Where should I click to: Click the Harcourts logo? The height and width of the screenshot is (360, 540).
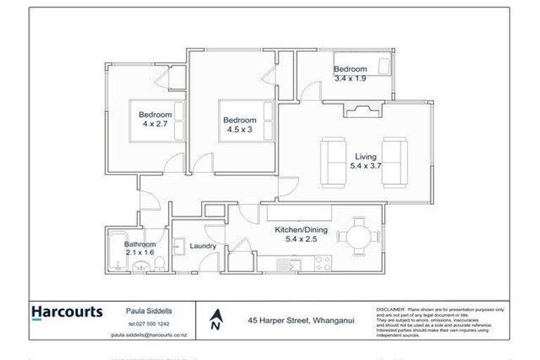pos(67,312)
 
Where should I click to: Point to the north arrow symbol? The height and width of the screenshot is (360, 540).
pos(217,320)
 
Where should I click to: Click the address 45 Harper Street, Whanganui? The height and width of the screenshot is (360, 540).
pos(301,320)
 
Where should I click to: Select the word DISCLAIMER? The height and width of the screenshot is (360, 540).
pos(391,309)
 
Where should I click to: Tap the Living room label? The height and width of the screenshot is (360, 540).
pos(365,157)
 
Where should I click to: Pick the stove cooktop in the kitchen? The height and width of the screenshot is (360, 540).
pos(322,264)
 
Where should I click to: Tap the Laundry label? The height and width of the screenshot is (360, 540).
pos(202,246)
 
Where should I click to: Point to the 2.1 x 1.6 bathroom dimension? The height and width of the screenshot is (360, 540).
pos(140,252)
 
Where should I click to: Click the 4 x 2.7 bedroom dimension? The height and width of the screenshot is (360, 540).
pos(155,124)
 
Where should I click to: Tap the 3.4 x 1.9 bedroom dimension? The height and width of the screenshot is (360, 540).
pos(349,78)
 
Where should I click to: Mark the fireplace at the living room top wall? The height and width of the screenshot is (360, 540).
pos(364,108)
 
